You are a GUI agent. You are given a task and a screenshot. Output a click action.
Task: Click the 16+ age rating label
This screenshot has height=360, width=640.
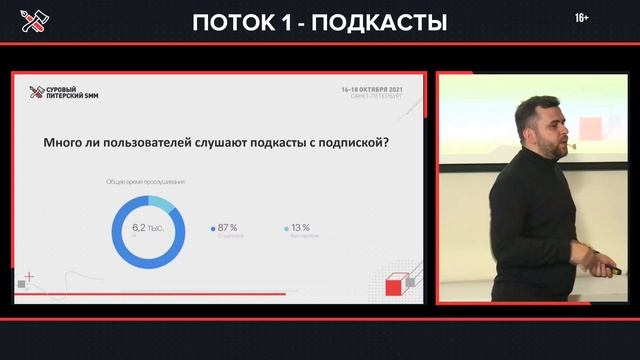582,18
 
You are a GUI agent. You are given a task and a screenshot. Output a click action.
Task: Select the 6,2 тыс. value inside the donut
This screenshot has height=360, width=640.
147,228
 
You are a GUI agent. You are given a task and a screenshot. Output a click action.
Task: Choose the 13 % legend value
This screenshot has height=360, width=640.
300,227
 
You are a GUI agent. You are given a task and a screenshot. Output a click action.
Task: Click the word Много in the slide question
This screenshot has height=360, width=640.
64,142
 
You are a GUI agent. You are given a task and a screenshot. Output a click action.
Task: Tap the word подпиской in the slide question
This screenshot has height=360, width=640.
356,142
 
